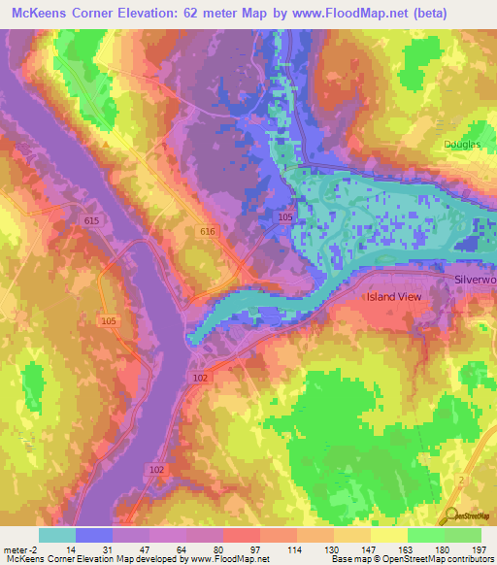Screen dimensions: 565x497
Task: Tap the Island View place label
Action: (x=394, y=297)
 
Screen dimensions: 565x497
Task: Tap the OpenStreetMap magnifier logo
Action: (x=452, y=517)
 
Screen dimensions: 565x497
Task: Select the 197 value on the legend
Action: (x=480, y=548)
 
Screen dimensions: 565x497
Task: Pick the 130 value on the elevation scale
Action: (x=333, y=548)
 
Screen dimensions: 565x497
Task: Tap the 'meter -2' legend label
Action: (x=20, y=548)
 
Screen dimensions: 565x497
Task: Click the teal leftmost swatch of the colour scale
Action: (x=57, y=535)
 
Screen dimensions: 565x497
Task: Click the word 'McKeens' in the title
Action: (x=38, y=13)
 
